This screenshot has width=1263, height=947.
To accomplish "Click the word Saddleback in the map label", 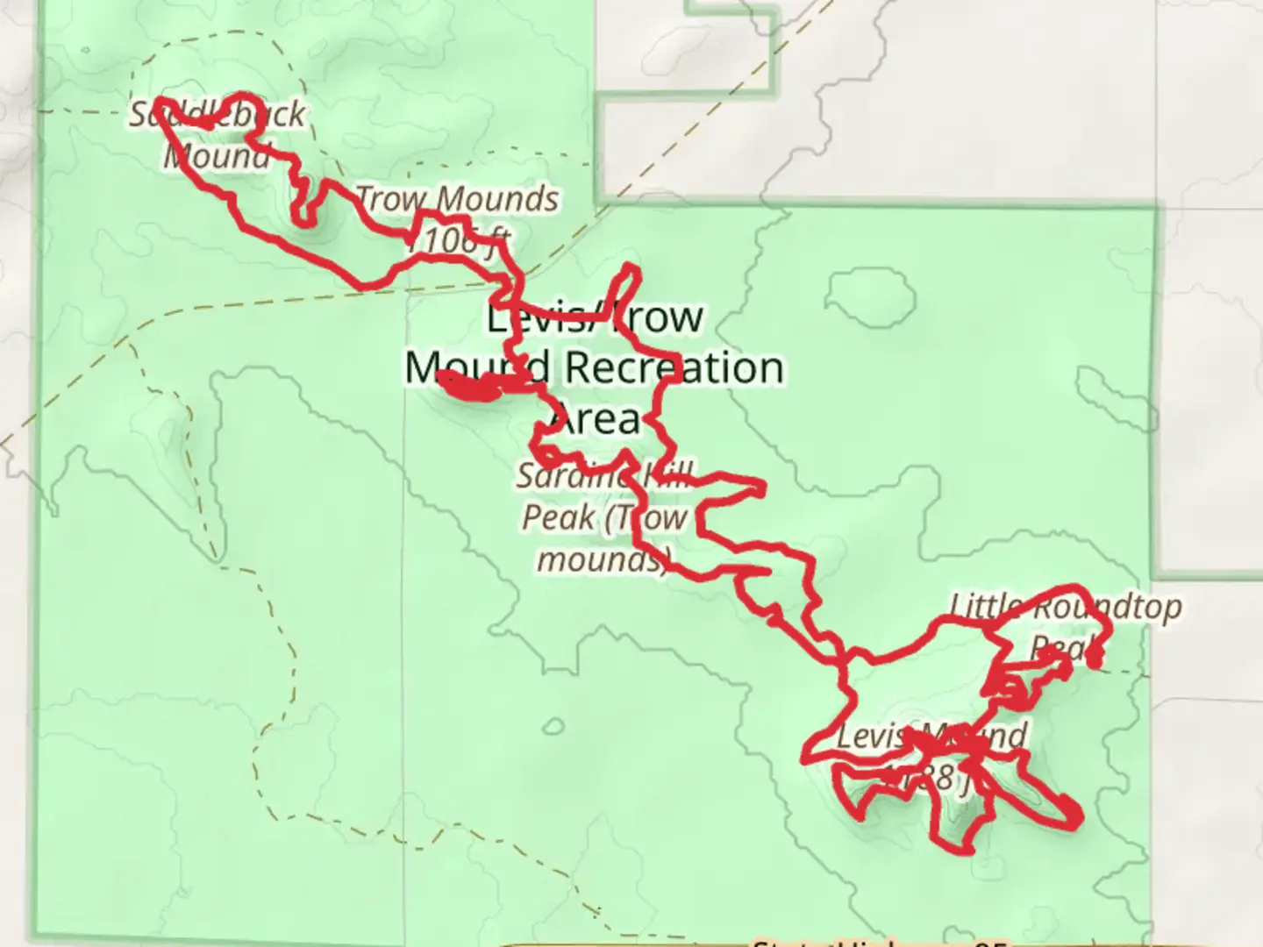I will tap(218, 114).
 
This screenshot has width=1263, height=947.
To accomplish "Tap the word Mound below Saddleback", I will tap(217, 156).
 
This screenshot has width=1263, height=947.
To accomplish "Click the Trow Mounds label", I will tap(457, 199).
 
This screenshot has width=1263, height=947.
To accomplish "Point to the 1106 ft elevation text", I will tap(458, 239).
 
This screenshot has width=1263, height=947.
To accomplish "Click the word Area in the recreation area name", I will tap(596, 419).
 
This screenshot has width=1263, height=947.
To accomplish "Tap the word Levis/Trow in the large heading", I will tap(595, 317).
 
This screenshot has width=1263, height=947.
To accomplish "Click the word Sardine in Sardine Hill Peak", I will tap(570, 476).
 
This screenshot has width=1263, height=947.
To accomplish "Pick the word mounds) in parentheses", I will tap(603, 558).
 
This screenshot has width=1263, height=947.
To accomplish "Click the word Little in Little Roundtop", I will tap(987, 605).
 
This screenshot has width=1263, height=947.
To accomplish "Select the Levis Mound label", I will tap(930, 736).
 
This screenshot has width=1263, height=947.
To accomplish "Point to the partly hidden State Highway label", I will tap(877, 942).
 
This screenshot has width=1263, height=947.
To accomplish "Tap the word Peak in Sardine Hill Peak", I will tap(558, 516).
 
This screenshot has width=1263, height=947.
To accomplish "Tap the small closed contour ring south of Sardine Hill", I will tap(553, 726).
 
